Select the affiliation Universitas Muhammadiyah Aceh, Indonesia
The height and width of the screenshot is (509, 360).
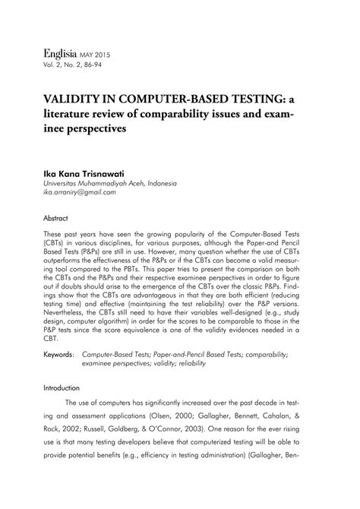click(x=111, y=183)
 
